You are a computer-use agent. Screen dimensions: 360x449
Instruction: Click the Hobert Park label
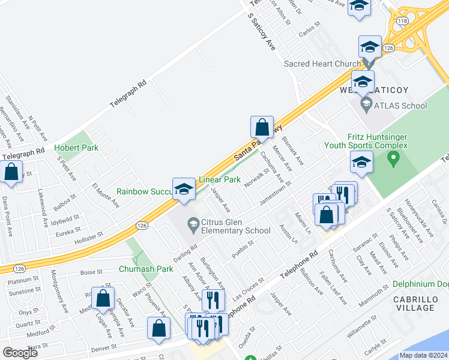point(76,148)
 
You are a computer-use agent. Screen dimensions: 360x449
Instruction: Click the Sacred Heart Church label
point(322,63)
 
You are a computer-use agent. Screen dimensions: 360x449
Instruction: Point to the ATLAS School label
point(400,106)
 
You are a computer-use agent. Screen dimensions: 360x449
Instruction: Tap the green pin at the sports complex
point(394,159)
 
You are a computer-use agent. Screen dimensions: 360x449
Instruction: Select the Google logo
point(20,353)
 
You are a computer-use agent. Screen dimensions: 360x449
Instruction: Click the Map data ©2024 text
point(423,355)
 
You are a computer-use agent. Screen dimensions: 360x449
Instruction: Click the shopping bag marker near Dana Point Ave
point(11,172)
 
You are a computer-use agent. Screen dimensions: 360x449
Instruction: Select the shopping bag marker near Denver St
point(158,329)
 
